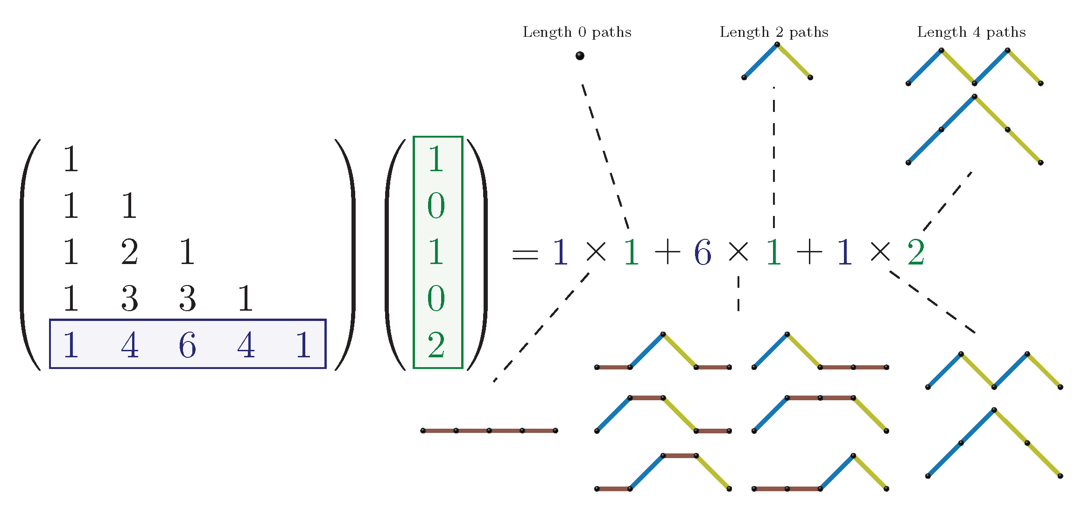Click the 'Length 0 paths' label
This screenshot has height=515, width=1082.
[577, 32]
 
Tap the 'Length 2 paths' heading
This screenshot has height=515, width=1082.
[774, 32]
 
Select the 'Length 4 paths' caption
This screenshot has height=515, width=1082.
[971, 32]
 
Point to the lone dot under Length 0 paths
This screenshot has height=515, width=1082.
[580, 56]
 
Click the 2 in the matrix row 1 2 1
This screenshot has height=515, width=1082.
[129, 252]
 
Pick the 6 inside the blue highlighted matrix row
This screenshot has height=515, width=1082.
[187, 345]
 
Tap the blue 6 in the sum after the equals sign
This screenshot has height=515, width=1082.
[703, 252]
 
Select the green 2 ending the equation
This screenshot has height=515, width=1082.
[916, 252]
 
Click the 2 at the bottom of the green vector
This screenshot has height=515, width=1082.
[436, 345]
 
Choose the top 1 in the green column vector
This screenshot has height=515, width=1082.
[436, 159]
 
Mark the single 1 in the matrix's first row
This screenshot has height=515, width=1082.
[71, 159]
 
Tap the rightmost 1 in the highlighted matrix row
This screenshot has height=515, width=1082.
[304, 345]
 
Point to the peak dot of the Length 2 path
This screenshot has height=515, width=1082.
[777, 45]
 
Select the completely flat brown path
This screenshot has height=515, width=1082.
[489, 431]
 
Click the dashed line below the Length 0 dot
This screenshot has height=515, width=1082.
[605, 156]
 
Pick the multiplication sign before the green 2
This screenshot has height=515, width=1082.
[880, 252]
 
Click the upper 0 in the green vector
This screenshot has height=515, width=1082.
[436, 206]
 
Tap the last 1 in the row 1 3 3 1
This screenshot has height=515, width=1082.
[246, 299]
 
